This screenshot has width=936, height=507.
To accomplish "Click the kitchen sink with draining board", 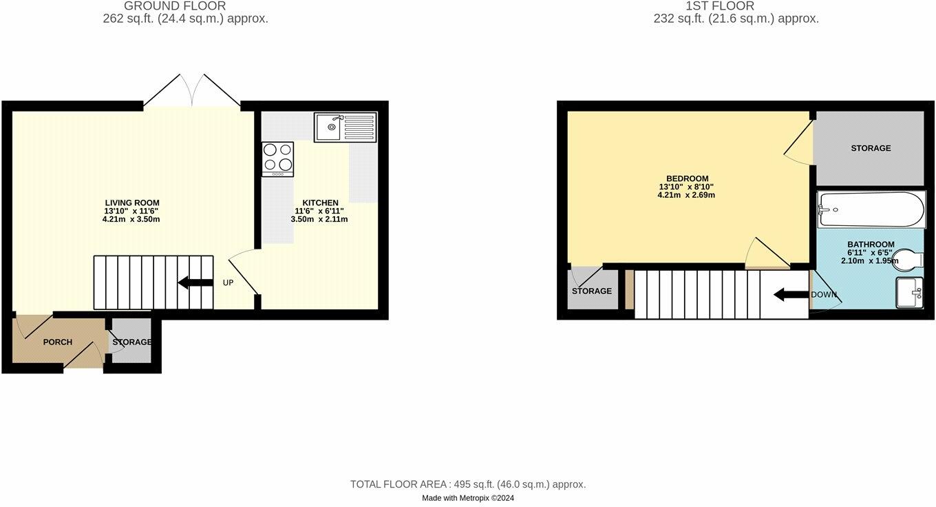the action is (x=345, y=127).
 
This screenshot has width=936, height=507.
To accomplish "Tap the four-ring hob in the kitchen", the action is (x=278, y=159).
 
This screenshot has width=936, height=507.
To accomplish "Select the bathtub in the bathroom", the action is (x=871, y=209).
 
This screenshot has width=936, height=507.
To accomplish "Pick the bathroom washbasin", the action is (x=909, y=292).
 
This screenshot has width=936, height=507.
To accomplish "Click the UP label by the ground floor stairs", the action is (x=228, y=283).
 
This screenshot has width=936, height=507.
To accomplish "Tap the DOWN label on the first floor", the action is (x=824, y=295).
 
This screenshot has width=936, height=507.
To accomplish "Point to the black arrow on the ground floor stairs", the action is (x=195, y=283).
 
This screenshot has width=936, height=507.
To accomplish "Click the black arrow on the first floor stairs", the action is (x=791, y=295).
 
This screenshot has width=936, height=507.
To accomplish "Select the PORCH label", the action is (x=58, y=342).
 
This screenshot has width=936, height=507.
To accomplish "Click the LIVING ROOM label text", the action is (x=132, y=203).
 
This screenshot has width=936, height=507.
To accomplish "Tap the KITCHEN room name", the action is (x=320, y=203).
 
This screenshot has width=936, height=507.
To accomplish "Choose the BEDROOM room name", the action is (x=688, y=178).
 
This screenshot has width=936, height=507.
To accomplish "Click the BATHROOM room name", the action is (x=871, y=245).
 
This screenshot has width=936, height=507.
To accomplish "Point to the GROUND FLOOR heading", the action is (x=175, y=6).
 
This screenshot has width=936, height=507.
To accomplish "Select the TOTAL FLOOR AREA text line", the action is (x=468, y=484).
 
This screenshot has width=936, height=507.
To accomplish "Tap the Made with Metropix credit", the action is (x=468, y=498).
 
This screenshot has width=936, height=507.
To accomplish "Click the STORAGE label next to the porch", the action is (x=131, y=342).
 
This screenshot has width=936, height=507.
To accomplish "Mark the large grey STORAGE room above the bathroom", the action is (x=871, y=148).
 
